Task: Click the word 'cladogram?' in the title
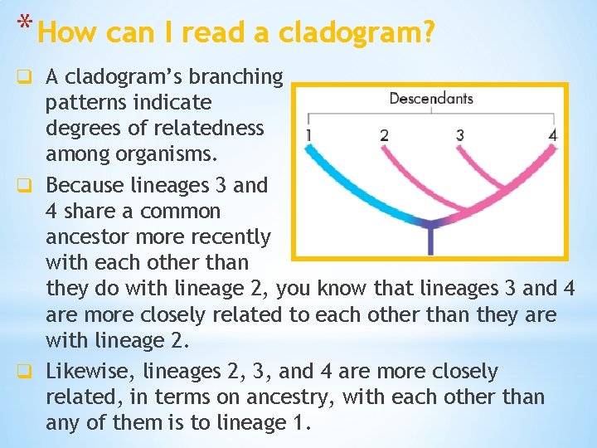357,32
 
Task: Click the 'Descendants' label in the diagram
430,99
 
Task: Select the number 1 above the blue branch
308,134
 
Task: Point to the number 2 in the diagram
384,134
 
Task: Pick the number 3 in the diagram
460,134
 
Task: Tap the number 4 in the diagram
553,134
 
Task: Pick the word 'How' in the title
65,32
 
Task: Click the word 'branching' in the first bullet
241,77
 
